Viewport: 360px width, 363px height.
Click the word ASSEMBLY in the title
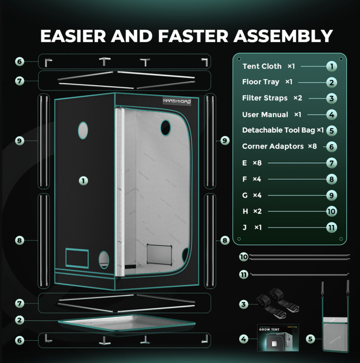point(283,36)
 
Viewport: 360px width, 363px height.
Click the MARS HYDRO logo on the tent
point(177,101)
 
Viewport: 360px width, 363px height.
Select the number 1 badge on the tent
point(83,181)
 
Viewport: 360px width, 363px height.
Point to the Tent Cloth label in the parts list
point(262,66)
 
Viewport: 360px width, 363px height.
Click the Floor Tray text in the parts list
point(261,82)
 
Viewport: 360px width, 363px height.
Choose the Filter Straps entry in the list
point(265,98)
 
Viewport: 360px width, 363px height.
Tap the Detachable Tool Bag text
point(279,130)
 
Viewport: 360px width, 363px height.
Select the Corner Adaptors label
point(273,146)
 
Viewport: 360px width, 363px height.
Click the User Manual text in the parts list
point(265,114)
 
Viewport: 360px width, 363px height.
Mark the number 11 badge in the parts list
point(331,227)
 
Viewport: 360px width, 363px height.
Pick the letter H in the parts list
point(245,211)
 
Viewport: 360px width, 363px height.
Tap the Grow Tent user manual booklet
point(278,337)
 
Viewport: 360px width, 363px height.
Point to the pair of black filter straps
point(278,303)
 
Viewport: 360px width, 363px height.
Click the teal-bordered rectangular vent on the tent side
point(77,258)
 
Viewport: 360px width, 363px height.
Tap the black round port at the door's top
point(166,128)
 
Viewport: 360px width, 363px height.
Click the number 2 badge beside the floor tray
point(19,320)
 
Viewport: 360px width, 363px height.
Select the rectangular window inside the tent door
point(159,254)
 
